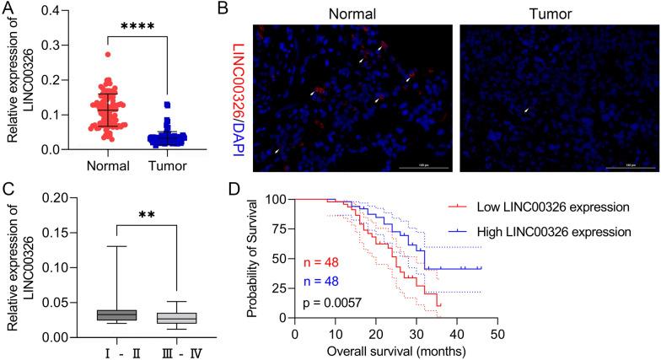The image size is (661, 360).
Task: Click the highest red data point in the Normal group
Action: point(107,54)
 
